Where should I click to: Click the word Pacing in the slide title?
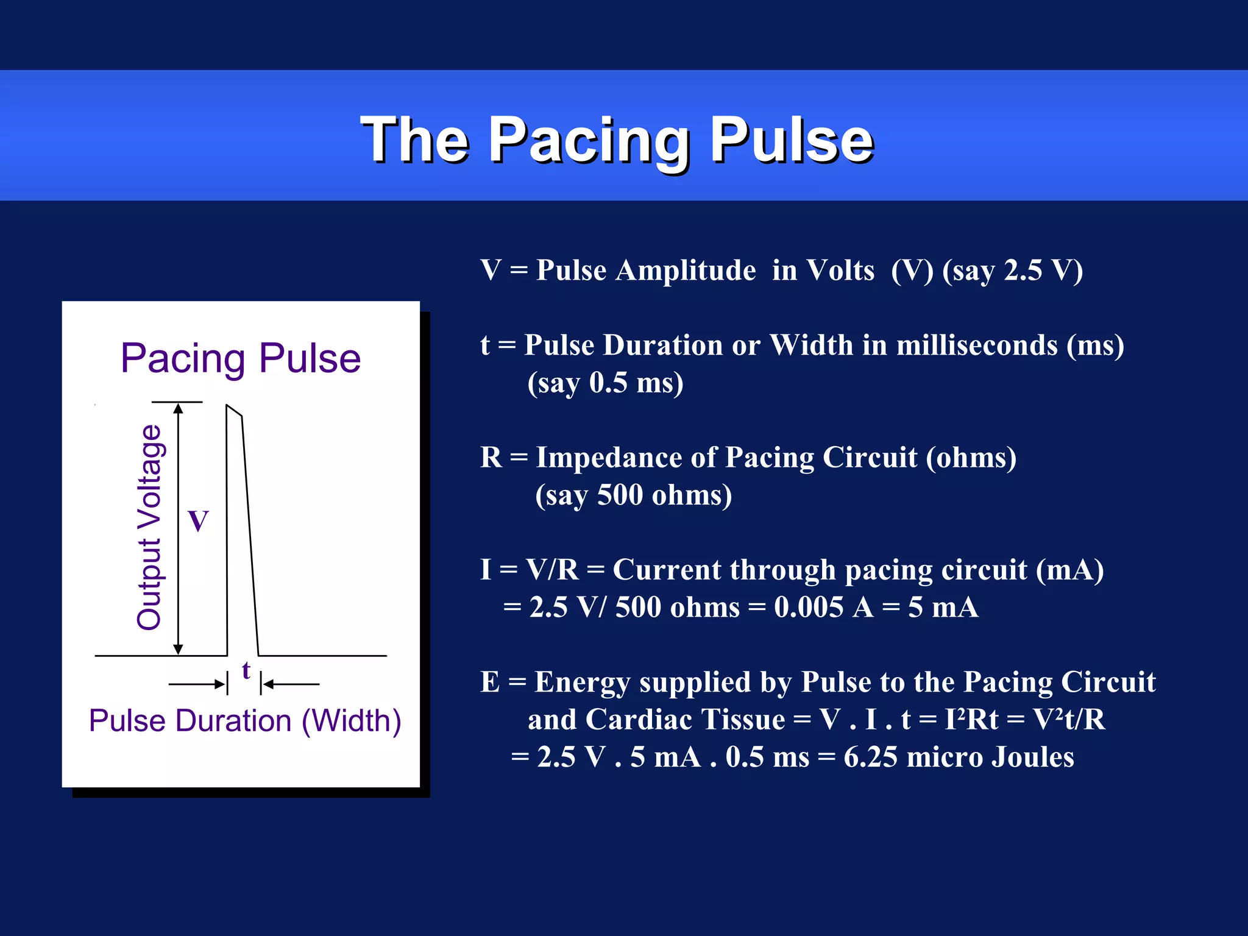tap(590, 141)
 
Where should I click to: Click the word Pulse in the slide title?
tap(792, 141)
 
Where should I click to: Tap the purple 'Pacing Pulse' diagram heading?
tap(241, 358)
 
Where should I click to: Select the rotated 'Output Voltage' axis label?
tap(149, 527)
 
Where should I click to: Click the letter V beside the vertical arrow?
tap(199, 522)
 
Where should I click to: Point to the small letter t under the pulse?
tap(246, 670)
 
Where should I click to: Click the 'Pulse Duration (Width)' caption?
tap(244, 721)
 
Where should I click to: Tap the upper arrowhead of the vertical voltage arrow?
tap(178, 408)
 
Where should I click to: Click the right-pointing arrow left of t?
tap(196, 684)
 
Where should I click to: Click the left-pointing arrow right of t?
tap(291, 684)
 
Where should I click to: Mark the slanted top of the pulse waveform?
tap(234, 410)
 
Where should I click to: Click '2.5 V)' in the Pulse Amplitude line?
tap(1043, 271)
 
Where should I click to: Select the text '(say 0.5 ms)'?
tap(605, 383)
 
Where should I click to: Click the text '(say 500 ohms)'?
tap(633, 495)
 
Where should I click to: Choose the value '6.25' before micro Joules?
tap(870, 757)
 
